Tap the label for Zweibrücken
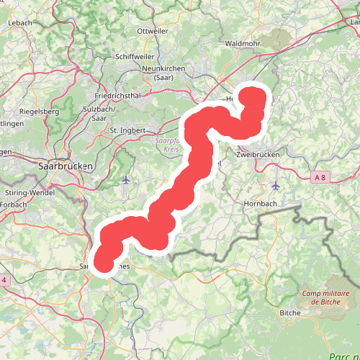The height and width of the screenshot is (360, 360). tap(258, 154)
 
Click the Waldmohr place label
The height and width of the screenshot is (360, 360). tap(243, 43)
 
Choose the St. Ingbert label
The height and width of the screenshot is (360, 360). tap(127, 130)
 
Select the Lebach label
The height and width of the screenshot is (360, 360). tap(19, 23)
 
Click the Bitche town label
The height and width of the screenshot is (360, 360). tap(290, 313)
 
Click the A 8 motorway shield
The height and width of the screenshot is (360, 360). tap(321, 177)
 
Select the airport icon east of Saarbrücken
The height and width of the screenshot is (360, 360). tap(127, 179)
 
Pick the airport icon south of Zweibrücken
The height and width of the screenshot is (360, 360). tap(275, 185)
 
